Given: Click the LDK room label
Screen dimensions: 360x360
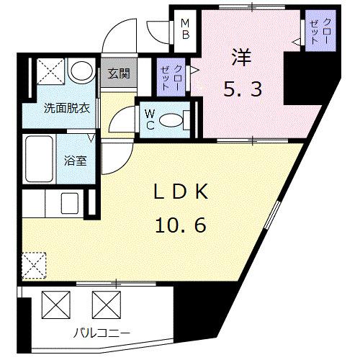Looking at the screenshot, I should pos(181,192).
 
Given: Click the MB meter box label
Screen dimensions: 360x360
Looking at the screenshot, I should pos(185,29).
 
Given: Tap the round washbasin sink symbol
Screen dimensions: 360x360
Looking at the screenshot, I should pos(81,71).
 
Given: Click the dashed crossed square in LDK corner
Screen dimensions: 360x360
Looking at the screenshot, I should pos(34,265).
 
